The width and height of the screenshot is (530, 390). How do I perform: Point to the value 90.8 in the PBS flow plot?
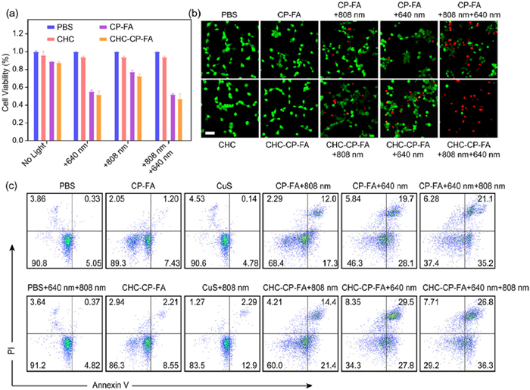[x=33, y=265]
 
